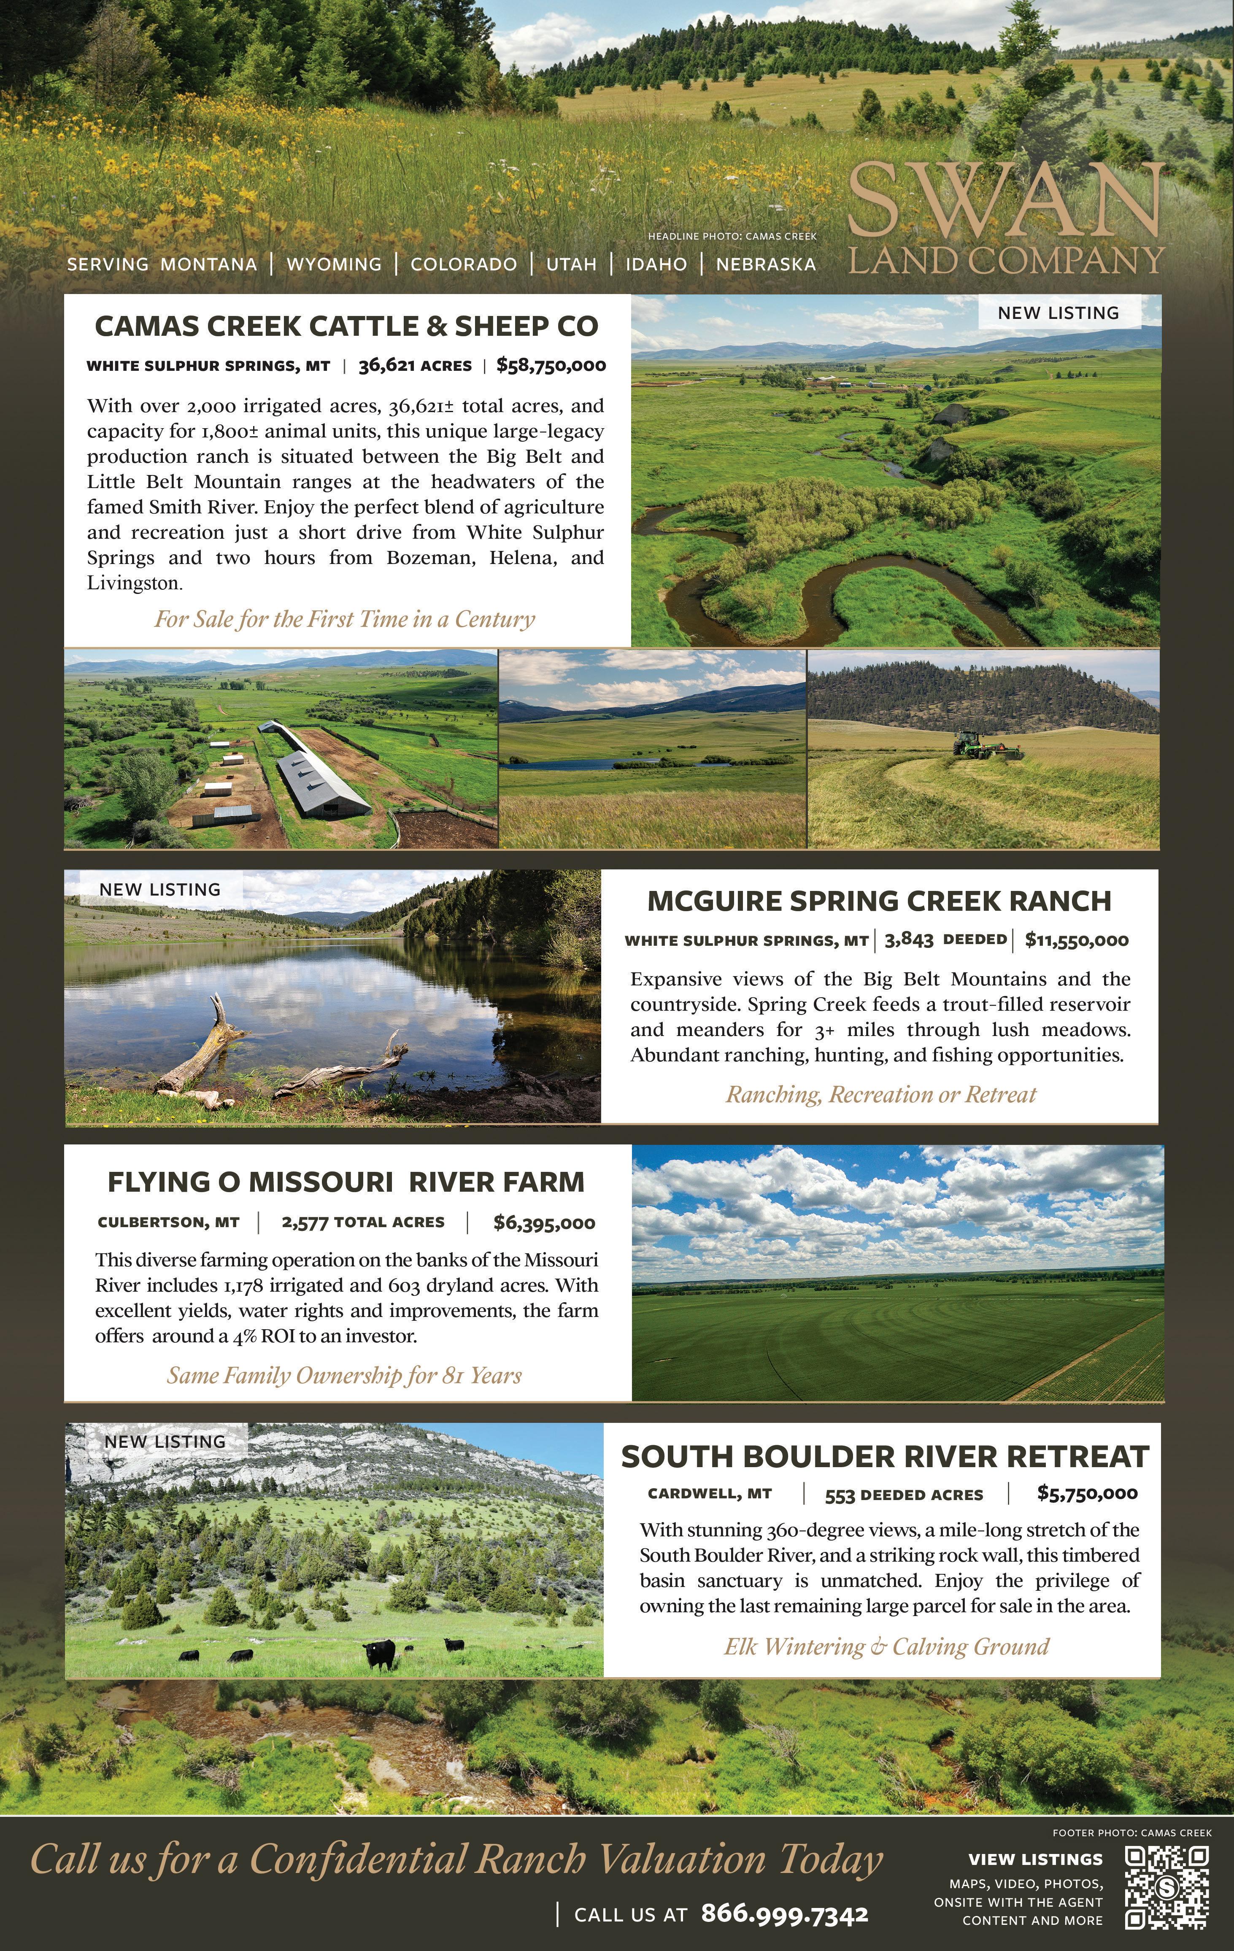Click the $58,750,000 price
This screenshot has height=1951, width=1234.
pyautogui.click(x=551, y=365)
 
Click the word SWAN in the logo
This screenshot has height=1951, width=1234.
pyautogui.click(x=1004, y=199)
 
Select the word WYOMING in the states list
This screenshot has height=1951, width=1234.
pyautogui.click(x=334, y=264)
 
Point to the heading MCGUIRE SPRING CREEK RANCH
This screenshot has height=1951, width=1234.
pyautogui.click(x=879, y=901)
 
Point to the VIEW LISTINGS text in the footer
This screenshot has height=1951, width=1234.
pyautogui.click(x=1035, y=1859)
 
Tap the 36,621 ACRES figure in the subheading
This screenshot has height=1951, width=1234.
pyautogui.click(x=415, y=365)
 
